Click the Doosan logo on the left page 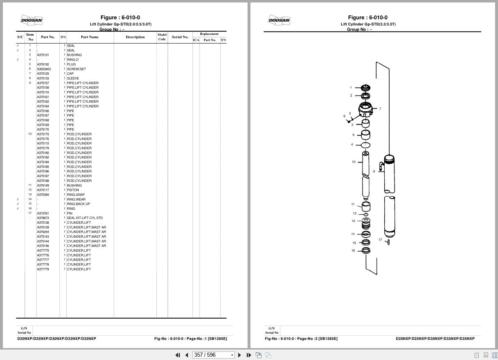click(32, 20)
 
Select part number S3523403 click(44, 69)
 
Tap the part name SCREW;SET click(76, 69)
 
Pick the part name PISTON click(73, 190)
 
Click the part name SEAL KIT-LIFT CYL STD click(85, 218)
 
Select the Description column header click(135, 37)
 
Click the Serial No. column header click(180, 37)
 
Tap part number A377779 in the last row click(43, 269)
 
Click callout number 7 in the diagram click(380, 109)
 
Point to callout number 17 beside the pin click(380, 240)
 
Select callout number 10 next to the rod click(353, 162)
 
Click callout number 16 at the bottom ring click(353, 251)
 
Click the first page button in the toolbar click(178, 355)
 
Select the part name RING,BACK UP click(78, 204)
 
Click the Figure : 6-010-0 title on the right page click(367, 18)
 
